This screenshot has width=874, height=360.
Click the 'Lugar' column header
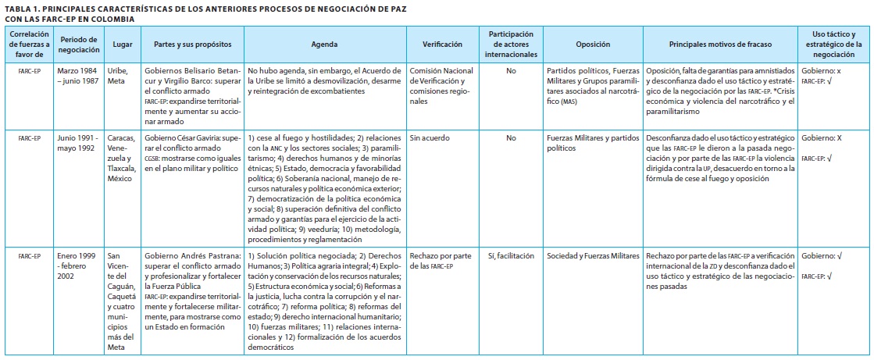123,45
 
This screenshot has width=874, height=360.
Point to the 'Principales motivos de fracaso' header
719,45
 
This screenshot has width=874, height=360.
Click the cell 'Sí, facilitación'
511,255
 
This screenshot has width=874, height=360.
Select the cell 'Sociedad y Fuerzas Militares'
593,255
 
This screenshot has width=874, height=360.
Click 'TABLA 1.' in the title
23,7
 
